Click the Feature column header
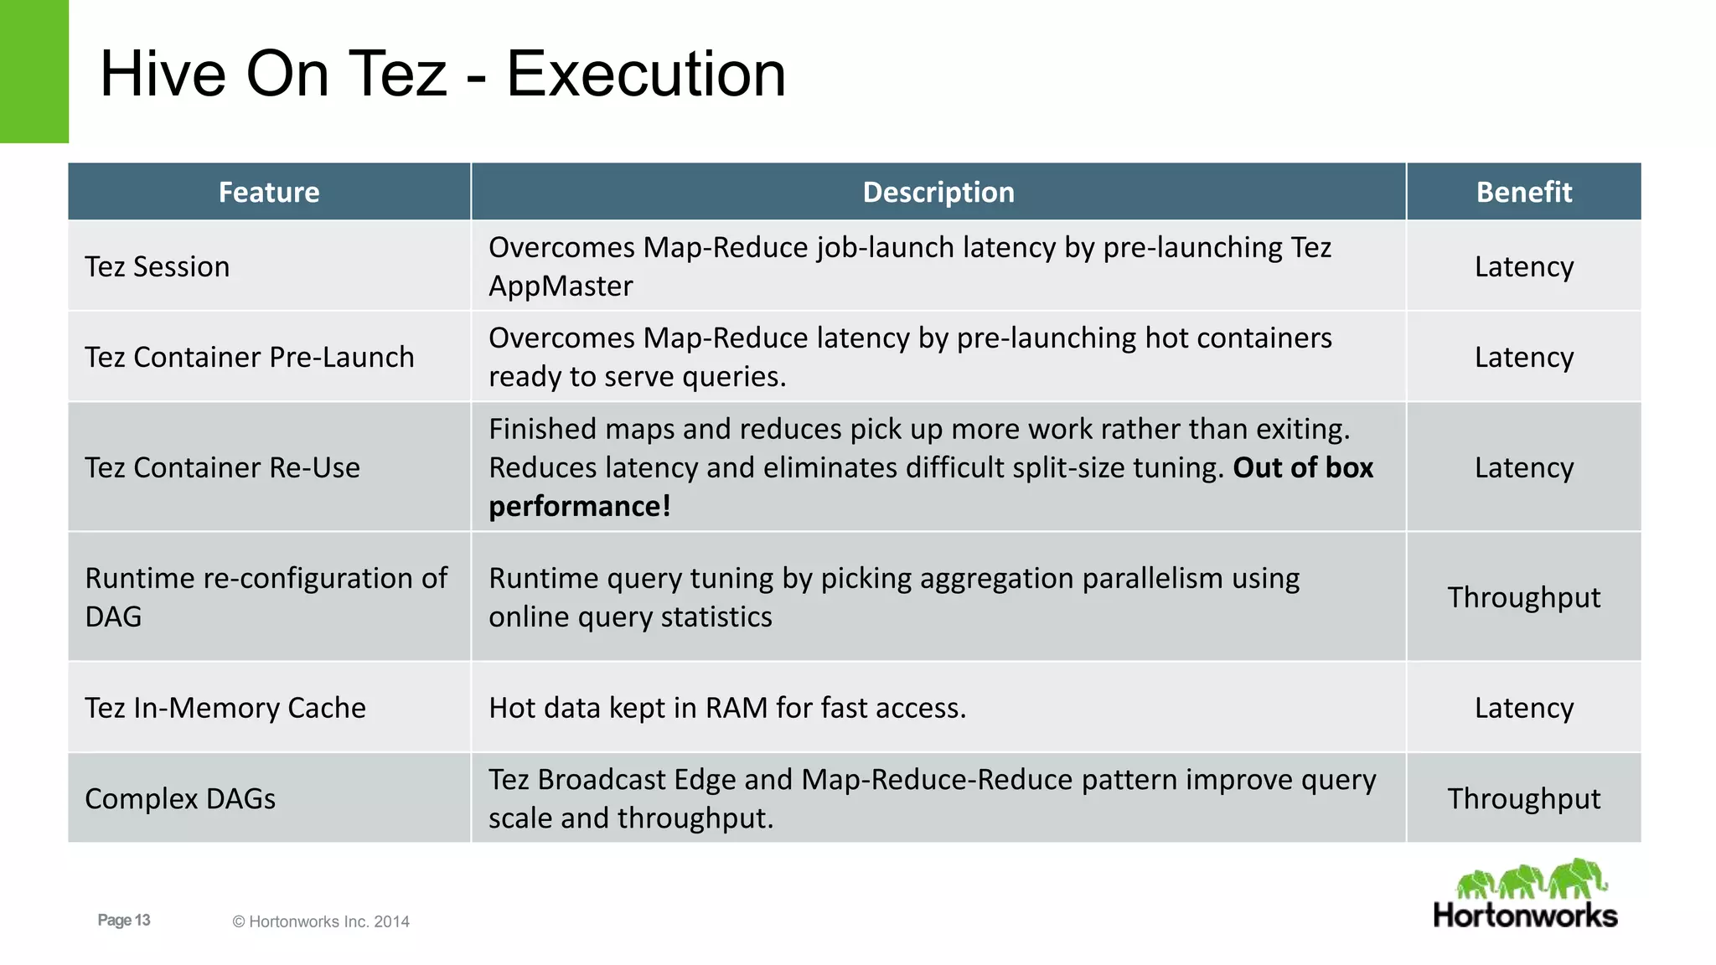point(269,192)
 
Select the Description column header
point(938,192)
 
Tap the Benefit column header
point(1523,192)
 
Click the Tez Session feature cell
point(158,266)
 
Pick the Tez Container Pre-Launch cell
point(250,357)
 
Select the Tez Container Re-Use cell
point(223,467)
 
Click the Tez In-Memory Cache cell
point(225,708)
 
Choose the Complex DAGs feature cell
point(180,798)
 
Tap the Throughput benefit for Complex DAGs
point(1523,798)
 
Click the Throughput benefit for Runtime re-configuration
point(1523,597)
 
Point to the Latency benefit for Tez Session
point(1523,266)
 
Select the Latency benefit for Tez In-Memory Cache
point(1523,708)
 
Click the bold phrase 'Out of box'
point(1303,467)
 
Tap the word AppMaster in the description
point(561,286)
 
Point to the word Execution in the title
point(646,74)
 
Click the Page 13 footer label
point(124,920)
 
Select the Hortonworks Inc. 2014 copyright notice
point(321,921)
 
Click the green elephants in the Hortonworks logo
point(1532,880)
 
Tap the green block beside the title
point(34,71)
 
